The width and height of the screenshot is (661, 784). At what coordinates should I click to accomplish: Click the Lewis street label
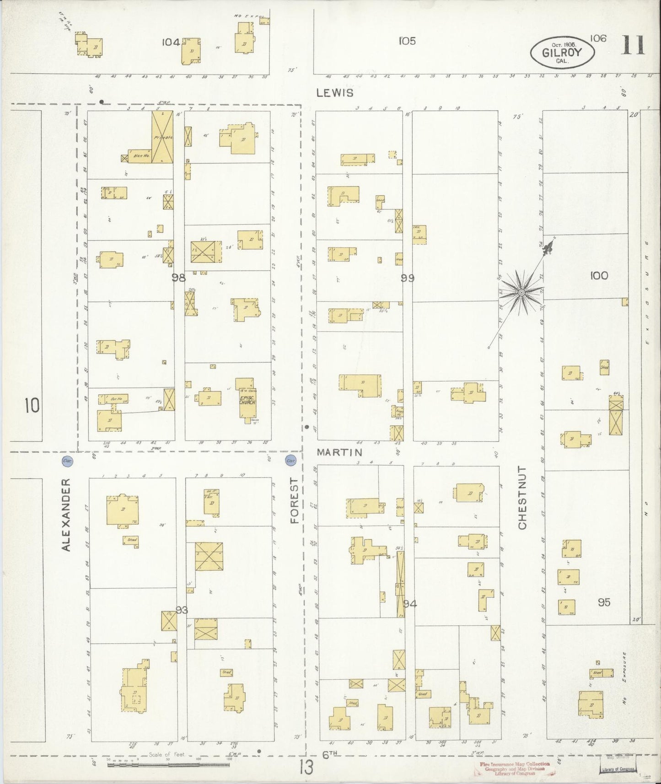(335, 93)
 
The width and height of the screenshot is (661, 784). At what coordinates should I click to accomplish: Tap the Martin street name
(339, 453)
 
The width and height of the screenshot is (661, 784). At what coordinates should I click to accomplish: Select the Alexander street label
(66, 515)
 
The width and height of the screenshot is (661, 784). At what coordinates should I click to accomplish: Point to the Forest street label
(294, 500)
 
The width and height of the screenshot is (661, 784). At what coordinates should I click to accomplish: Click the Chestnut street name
(523, 498)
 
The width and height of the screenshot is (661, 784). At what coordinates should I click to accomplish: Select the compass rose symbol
(521, 291)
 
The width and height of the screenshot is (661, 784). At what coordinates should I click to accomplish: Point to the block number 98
(178, 277)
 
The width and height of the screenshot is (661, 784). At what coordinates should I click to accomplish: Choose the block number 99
(407, 277)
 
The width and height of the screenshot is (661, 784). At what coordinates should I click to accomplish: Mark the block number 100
(599, 275)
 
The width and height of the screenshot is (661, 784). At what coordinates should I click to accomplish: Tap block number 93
(182, 610)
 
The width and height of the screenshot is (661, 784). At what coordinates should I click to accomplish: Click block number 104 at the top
(170, 43)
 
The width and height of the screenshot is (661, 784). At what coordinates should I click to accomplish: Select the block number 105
(407, 41)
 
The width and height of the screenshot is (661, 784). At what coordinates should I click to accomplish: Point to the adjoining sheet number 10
(32, 406)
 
